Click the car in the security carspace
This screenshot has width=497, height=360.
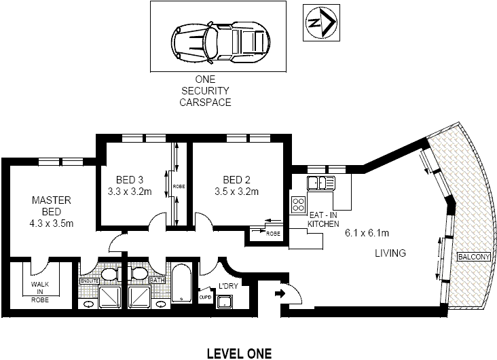218,37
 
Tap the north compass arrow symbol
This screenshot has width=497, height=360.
320,23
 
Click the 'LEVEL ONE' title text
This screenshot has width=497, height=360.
238,353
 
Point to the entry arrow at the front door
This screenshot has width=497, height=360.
280,294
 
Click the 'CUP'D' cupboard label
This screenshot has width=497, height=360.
204,296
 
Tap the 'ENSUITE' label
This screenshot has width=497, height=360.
89,280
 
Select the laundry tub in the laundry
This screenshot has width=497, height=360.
225,302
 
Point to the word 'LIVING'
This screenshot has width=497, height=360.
390,253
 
